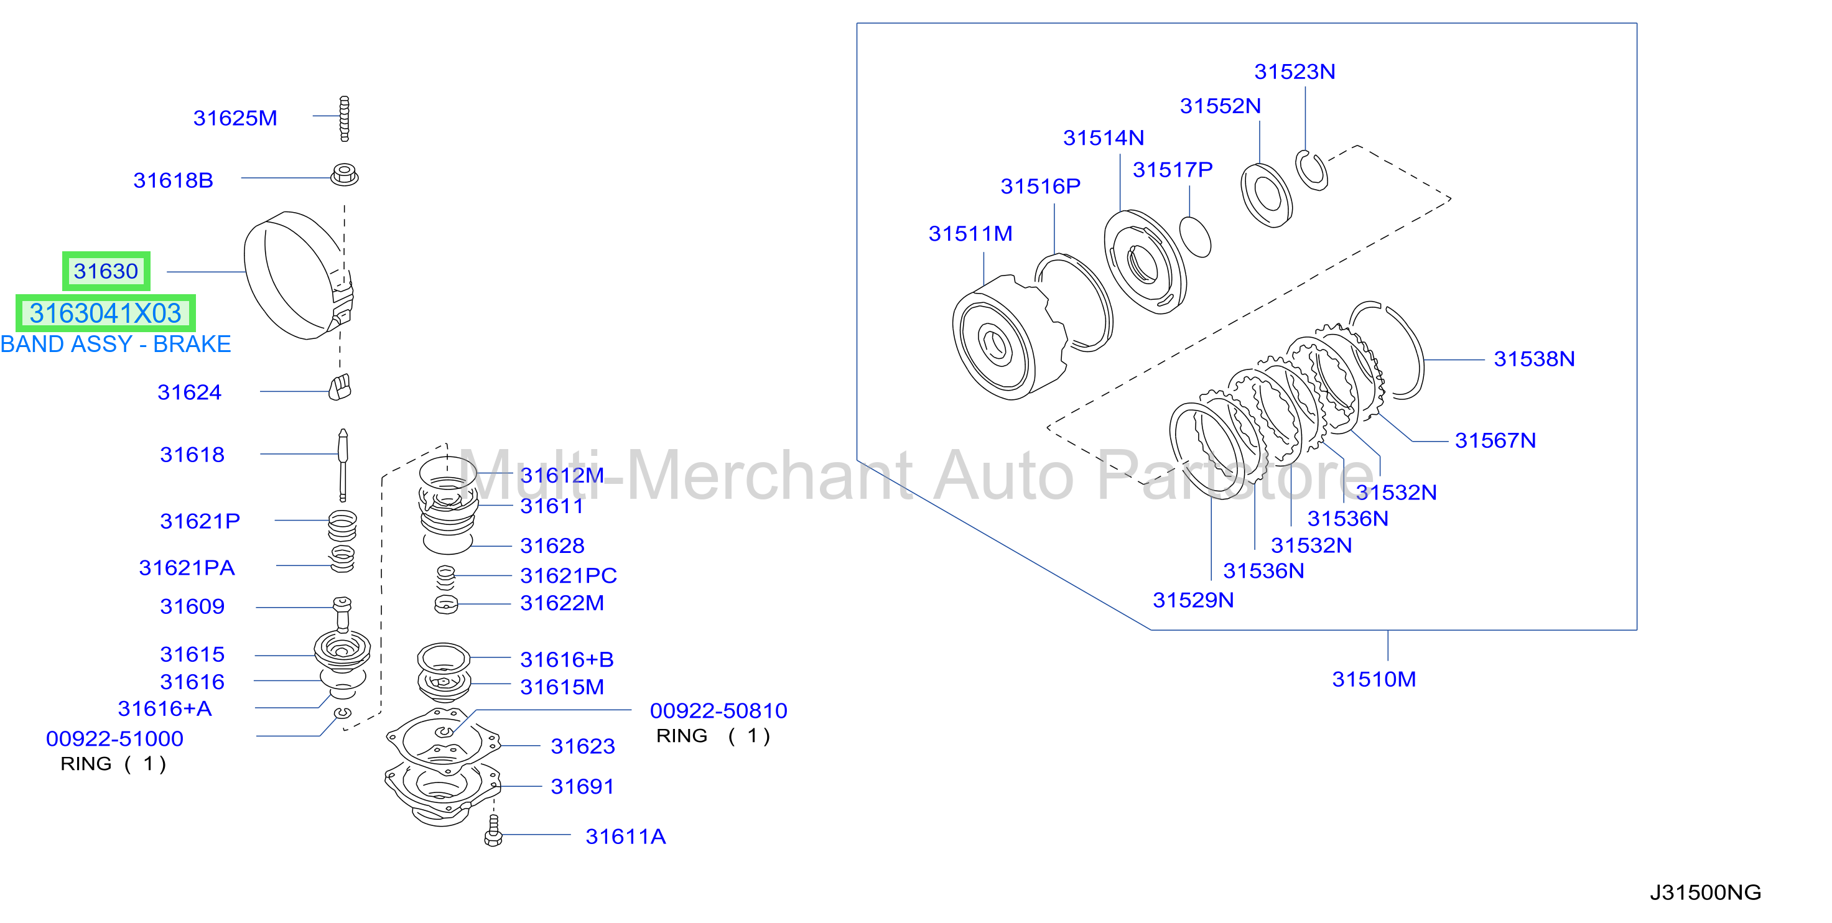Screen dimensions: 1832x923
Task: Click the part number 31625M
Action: tap(235, 118)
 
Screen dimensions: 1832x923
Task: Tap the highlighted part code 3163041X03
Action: tap(105, 313)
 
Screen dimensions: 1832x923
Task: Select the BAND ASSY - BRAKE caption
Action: tap(116, 344)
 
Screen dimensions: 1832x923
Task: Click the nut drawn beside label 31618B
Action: tap(345, 175)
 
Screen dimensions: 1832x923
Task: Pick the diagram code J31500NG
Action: tap(1706, 893)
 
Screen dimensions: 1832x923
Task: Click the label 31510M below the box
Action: tap(1374, 679)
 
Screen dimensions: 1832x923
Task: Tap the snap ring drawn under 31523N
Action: tap(1311, 170)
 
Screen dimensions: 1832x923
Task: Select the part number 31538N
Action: tap(1534, 359)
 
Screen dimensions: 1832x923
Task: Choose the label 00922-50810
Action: tap(718, 710)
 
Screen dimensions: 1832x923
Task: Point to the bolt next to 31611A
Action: tap(493, 830)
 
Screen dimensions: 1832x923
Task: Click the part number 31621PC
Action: tap(568, 575)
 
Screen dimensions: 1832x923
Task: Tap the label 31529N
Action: tap(1193, 600)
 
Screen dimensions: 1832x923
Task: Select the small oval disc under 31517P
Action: tap(1195, 237)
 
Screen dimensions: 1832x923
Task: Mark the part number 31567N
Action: tap(1495, 441)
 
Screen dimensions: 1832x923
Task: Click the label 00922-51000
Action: tap(114, 739)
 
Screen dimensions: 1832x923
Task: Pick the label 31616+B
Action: tap(567, 660)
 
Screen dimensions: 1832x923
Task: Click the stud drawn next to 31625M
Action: tap(345, 119)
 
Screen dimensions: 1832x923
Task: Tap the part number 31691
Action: tap(582, 786)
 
